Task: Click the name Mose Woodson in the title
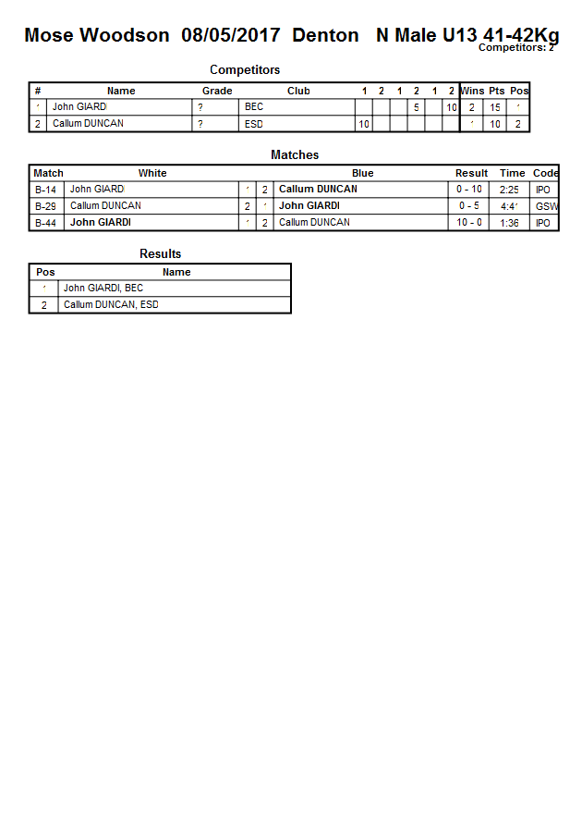pos(97,36)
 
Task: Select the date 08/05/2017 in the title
pos(231,36)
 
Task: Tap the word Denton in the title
pos(325,36)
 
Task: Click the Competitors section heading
pos(245,69)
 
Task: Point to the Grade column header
pos(217,91)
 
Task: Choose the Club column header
pos(298,91)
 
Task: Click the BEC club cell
pos(254,107)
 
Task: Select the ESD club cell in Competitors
pos(254,124)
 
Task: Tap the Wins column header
pos(472,91)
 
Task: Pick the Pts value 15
pos(495,107)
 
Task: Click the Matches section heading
pos(295,155)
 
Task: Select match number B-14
pos(45,190)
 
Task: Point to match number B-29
pos(45,206)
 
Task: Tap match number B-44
pos(45,223)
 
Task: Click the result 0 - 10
pos(469,190)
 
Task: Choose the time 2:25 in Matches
pos(509,190)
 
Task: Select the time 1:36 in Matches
pos(509,223)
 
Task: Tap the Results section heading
pos(161,254)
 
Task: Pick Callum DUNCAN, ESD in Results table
pos(111,305)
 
